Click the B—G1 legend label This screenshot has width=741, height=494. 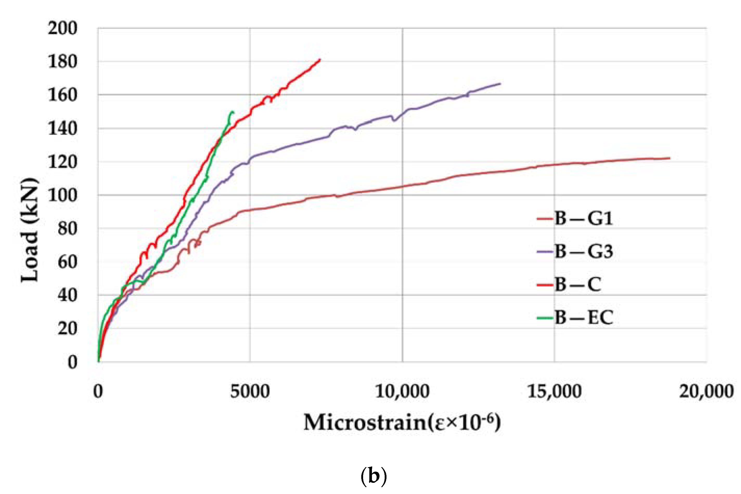[583, 218]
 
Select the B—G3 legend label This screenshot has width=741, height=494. [583, 251]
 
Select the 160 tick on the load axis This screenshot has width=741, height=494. [62, 95]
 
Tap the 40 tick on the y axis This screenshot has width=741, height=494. [67, 296]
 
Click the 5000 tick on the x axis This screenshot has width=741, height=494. [250, 392]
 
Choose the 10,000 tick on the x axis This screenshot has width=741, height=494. [402, 392]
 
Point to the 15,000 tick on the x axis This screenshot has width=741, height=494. [554, 392]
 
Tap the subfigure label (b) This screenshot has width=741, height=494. [373, 477]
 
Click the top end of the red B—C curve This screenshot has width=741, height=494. [320, 59]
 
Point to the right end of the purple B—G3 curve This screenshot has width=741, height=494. [500, 84]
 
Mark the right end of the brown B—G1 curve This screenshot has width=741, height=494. [669, 158]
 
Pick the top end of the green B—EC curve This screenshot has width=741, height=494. [233, 112]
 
